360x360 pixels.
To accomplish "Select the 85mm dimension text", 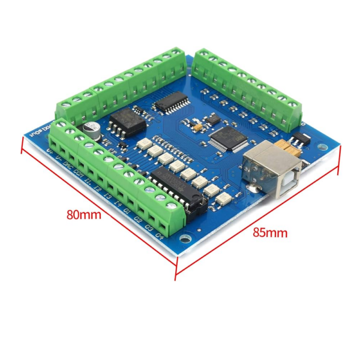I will coord(270,232).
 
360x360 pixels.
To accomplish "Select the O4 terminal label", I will coord(160,236).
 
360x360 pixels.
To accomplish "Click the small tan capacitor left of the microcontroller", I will coord(196,128).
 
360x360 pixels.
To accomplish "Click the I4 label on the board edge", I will coord(118,203).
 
